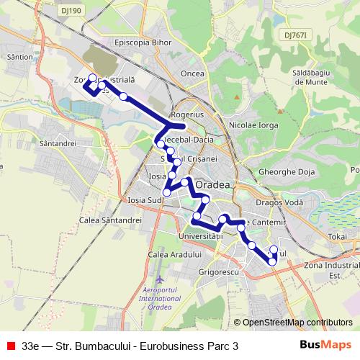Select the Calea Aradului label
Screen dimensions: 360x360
coord(172,256)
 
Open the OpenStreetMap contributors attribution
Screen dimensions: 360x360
coord(297,323)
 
